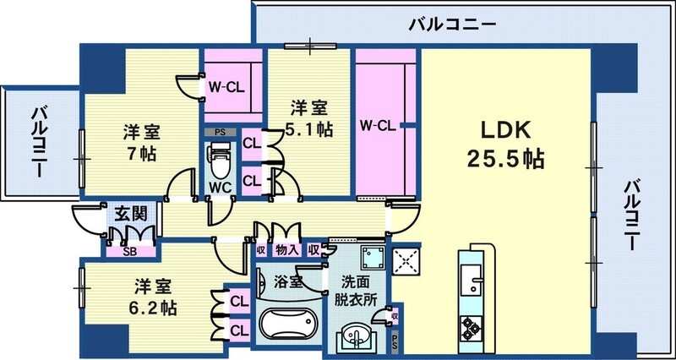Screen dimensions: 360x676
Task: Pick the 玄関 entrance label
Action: click(x=128, y=213)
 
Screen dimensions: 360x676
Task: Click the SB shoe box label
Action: click(x=130, y=250)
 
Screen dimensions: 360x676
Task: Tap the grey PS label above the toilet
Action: click(x=220, y=132)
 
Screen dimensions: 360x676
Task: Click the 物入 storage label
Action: click(x=286, y=249)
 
